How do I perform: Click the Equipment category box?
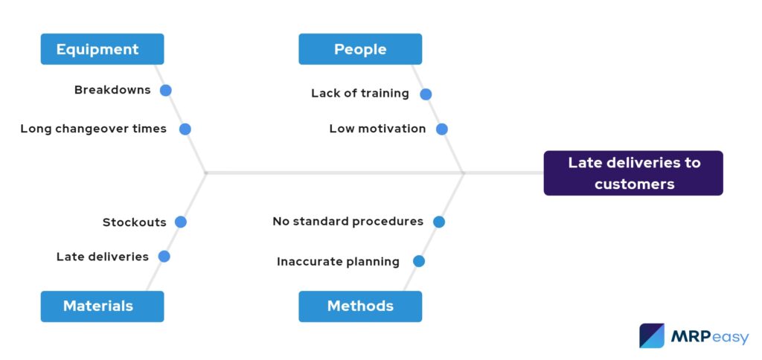pos(102,49)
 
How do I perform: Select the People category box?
pos(360,49)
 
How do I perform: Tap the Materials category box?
pos(102,306)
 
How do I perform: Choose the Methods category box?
pos(360,306)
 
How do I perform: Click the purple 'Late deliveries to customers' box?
pos(633,173)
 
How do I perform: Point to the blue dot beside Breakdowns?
pos(166,90)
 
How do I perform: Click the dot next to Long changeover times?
pos(185,129)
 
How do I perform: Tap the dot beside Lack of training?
pos(426,94)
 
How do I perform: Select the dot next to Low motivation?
pos(442,129)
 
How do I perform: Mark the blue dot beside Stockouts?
pos(181,222)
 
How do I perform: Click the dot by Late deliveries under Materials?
pos(164,257)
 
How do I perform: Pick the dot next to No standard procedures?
pos(439,222)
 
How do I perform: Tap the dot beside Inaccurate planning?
pos(419,261)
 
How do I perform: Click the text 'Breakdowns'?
pos(112,90)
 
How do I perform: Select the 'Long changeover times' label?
pos(94,129)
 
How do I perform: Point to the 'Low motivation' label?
pos(377,129)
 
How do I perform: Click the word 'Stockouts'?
pos(135,222)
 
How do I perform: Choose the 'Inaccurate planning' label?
pos(338,261)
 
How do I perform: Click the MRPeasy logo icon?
pos(652,335)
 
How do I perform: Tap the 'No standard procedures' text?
pos(348,222)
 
